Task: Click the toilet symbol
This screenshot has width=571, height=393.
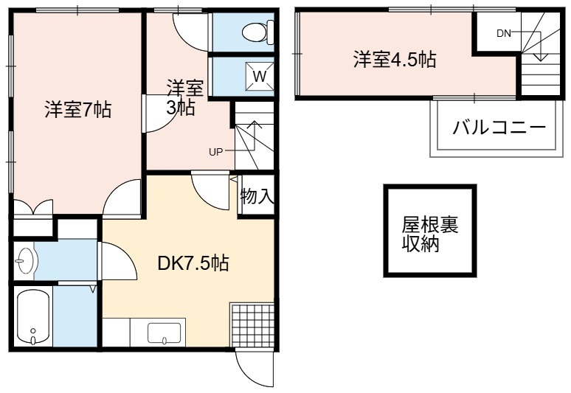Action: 258,32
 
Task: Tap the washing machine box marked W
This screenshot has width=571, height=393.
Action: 260,76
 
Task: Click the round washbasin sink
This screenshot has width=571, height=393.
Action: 25,260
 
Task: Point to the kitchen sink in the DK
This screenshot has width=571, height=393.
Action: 165,333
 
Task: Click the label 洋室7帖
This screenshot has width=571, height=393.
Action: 78,109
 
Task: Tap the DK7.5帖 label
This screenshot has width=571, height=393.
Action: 193,262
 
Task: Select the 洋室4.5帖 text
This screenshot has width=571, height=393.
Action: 395,59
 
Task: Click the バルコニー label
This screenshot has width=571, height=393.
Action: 499,128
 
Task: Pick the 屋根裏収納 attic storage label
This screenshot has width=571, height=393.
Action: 429,234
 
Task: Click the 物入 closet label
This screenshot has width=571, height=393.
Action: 257,196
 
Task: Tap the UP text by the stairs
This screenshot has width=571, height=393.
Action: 215,152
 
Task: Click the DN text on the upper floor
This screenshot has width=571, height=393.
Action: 504,33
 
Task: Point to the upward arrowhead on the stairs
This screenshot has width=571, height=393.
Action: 255,125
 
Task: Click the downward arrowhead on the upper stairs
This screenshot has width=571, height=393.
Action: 541,57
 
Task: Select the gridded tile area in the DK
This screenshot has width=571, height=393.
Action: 252,324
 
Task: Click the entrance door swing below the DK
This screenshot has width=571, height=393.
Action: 254,366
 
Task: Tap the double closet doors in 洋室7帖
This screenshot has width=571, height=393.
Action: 33,208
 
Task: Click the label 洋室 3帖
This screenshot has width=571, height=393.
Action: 184,97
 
